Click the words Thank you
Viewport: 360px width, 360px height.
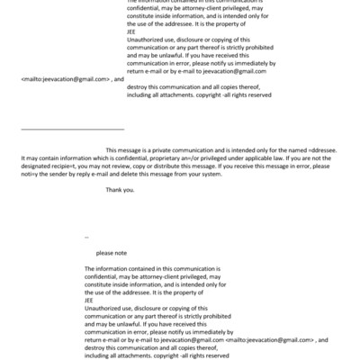point(121,190)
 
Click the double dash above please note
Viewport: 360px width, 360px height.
point(86,237)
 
